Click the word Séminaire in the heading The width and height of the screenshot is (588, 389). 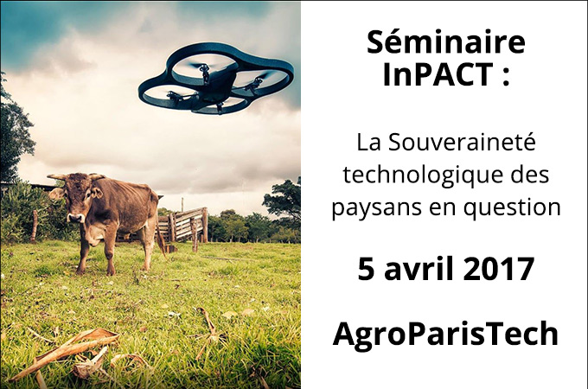pyautogui.click(x=446, y=42)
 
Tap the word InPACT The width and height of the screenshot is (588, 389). pyautogui.click(x=438, y=74)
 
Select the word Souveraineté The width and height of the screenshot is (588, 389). pyautogui.click(x=462, y=143)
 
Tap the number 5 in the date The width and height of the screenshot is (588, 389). pyautogui.click(x=367, y=268)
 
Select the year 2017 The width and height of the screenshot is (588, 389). pyautogui.click(x=498, y=268)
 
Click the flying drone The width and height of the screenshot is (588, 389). pyautogui.click(x=215, y=79)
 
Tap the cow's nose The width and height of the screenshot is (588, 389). pyautogui.click(x=75, y=218)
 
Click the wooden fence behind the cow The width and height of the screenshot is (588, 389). pyautogui.click(x=182, y=225)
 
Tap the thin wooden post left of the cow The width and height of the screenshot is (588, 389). pyautogui.click(x=34, y=226)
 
